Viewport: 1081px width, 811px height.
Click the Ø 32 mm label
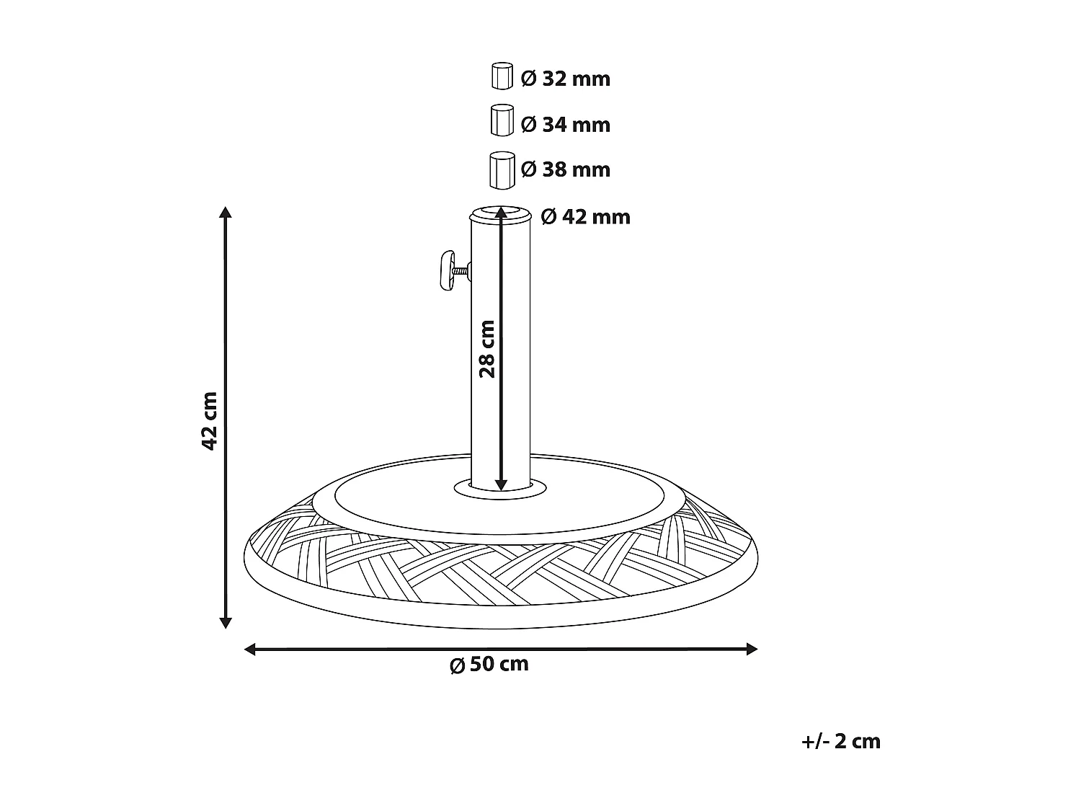pyautogui.click(x=565, y=79)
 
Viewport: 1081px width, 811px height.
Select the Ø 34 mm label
pyautogui.click(x=565, y=125)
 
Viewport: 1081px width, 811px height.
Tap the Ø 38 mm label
pyautogui.click(x=565, y=169)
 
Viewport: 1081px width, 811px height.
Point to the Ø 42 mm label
pyautogui.click(x=585, y=216)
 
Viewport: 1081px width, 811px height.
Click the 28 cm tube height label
pyautogui.click(x=487, y=349)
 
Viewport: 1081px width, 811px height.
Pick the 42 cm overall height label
pyautogui.click(x=209, y=421)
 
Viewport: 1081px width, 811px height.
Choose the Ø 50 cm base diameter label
pyautogui.click(x=489, y=664)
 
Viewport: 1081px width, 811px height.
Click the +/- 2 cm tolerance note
pyautogui.click(x=840, y=741)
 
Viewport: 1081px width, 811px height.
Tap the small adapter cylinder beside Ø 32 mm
pyautogui.click(x=502, y=76)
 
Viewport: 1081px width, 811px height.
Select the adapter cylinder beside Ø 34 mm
pyautogui.click(x=501, y=120)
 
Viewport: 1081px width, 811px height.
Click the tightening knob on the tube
pyautogui.click(x=446, y=270)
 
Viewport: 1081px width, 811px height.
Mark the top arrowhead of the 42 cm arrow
pyautogui.click(x=226, y=213)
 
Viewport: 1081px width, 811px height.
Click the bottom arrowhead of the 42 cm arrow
pyautogui.click(x=226, y=622)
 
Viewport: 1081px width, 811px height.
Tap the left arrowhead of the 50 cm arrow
pyautogui.click(x=250, y=650)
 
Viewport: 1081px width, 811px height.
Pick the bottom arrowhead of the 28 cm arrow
pyautogui.click(x=501, y=484)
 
